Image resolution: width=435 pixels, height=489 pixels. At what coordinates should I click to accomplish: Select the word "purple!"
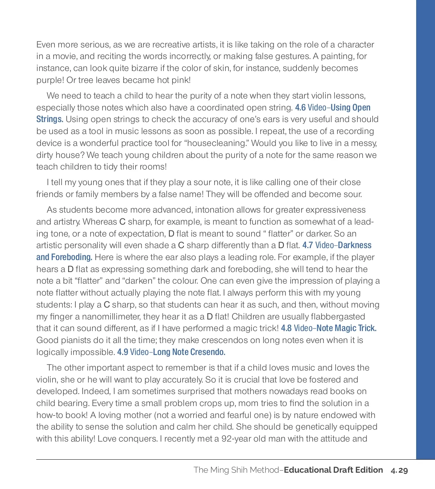(x=50, y=80)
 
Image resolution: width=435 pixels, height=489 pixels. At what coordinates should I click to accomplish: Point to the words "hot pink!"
(x=174, y=80)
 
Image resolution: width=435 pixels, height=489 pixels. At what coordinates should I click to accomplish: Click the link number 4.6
(x=300, y=108)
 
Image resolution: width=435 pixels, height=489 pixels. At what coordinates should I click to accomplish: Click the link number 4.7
(x=307, y=245)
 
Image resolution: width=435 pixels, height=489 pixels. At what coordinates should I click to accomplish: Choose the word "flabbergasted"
(x=338, y=317)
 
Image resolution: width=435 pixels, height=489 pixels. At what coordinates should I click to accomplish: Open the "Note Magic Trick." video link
(x=346, y=328)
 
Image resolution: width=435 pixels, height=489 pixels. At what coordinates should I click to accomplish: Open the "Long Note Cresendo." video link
(x=189, y=352)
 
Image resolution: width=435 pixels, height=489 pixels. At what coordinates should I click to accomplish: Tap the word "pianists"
(x=72, y=340)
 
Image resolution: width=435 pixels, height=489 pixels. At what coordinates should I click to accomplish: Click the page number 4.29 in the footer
(x=399, y=470)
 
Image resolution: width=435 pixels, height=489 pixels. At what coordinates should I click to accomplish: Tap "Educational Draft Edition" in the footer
(x=333, y=470)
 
